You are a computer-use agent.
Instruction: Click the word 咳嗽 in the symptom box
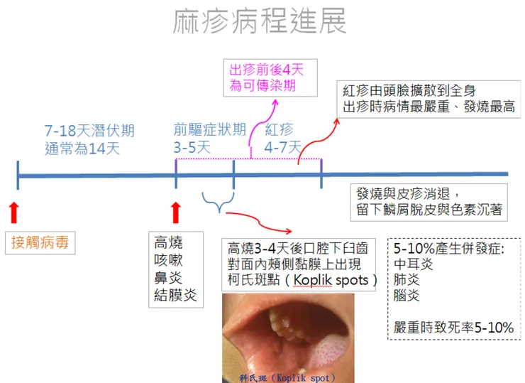pos(168,260)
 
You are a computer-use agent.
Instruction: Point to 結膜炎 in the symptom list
pos(175,295)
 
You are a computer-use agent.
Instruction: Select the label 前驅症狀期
pos(210,130)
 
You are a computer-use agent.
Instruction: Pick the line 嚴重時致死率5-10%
pos(453,328)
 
